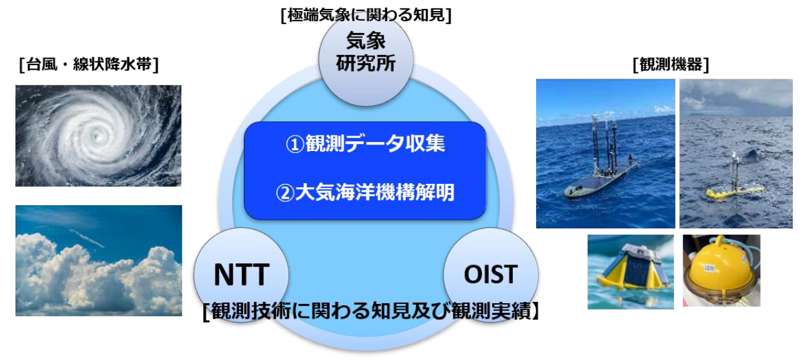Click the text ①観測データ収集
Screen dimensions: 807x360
[x=365, y=144]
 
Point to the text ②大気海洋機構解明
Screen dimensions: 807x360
[x=365, y=192]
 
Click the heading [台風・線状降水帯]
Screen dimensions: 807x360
[x=88, y=65]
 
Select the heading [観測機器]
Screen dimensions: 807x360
[x=671, y=65]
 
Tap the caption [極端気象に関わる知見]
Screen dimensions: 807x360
[x=366, y=15]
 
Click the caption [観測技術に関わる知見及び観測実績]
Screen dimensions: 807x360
[x=371, y=311]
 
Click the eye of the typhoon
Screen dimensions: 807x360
[x=97, y=136]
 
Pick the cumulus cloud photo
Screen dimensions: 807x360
[x=99, y=261]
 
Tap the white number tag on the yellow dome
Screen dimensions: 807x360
[x=709, y=268]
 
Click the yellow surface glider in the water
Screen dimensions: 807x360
[x=734, y=192]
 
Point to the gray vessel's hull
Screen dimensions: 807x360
[x=600, y=179]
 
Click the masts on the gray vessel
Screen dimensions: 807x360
[x=605, y=144]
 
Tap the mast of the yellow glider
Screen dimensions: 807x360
[x=733, y=170]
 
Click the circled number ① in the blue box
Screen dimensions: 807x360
[x=295, y=144]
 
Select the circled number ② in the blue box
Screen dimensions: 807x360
[x=285, y=193]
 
